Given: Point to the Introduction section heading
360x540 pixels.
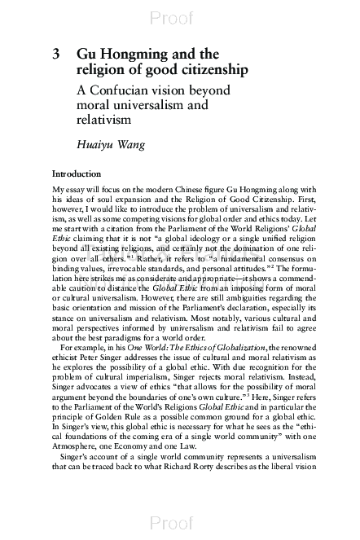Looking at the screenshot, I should pyautogui.click(x=77, y=174).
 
